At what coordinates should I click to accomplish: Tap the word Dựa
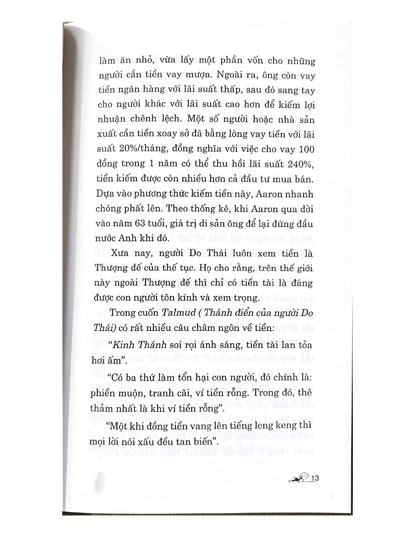(104, 194)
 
